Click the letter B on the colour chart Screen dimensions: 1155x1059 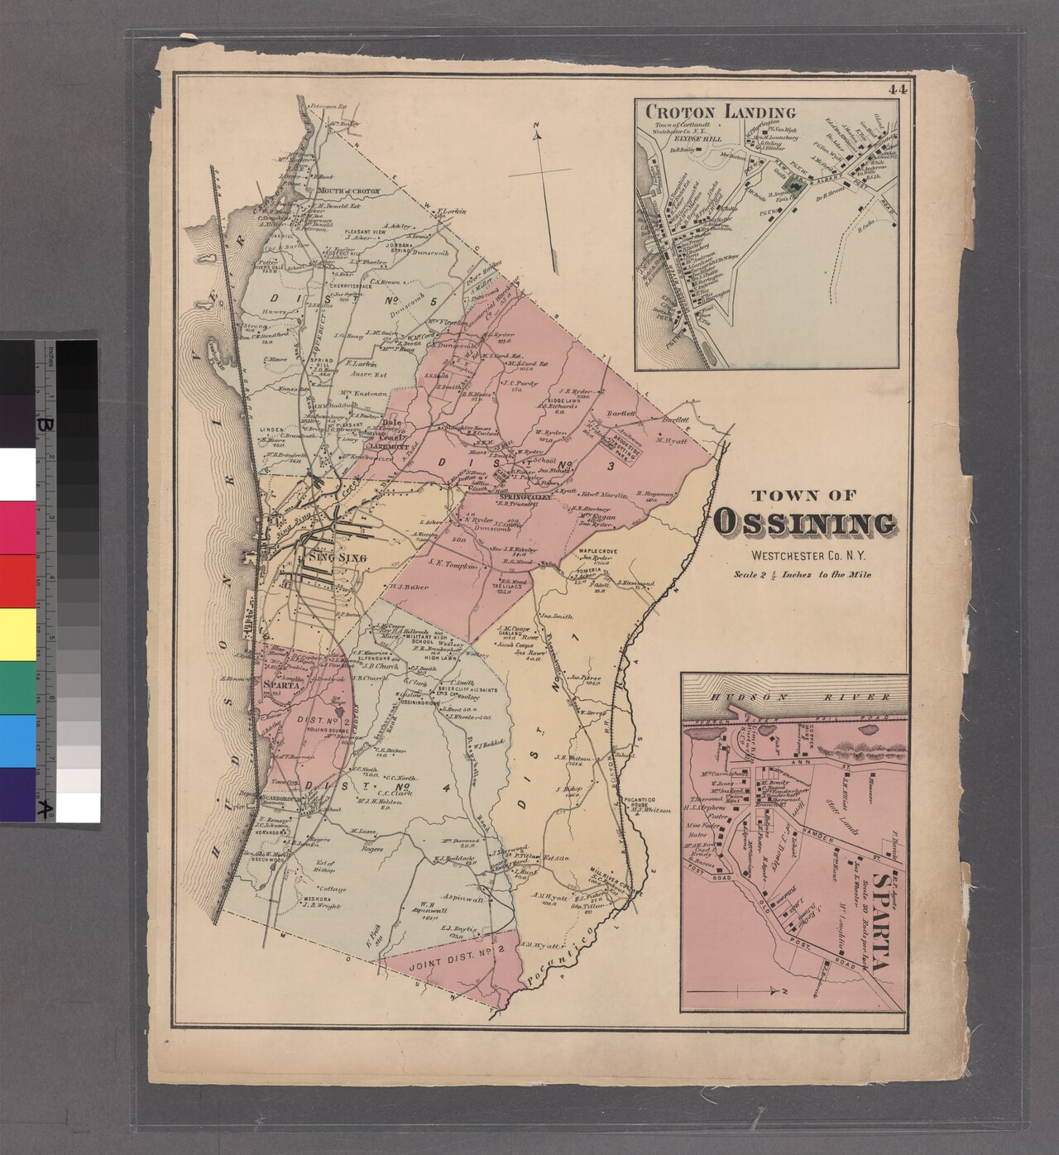[41, 424]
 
